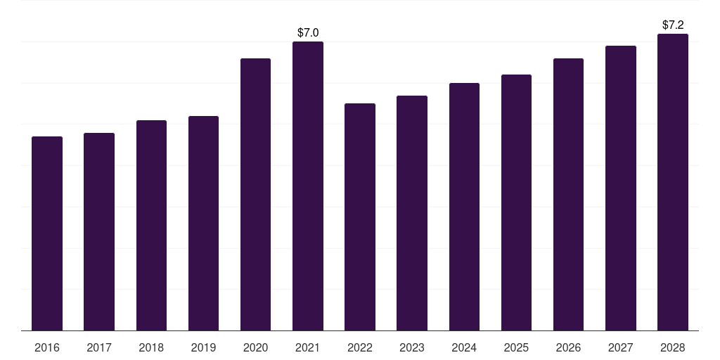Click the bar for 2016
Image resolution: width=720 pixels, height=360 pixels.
click(x=47, y=233)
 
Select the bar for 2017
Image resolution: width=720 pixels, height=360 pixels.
click(x=99, y=231)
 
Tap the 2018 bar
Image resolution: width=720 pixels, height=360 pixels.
click(x=152, y=226)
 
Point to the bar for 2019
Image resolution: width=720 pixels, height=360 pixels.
click(x=203, y=223)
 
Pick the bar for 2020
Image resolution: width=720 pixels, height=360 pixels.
click(x=255, y=194)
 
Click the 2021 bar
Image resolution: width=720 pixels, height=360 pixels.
click(x=308, y=186)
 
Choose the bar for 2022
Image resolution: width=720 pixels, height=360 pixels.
click(x=360, y=217)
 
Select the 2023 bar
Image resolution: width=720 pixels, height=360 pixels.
click(x=412, y=213)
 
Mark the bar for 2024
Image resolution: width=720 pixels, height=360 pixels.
click(x=464, y=207)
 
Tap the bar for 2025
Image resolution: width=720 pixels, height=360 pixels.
click(x=516, y=202)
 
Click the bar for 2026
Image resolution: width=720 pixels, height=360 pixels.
click(x=568, y=194)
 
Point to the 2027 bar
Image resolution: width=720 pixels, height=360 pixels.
click(x=621, y=188)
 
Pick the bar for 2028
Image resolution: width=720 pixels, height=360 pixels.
click(x=673, y=182)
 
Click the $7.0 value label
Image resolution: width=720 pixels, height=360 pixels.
click(x=308, y=32)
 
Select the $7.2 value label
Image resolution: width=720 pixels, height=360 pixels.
click(x=673, y=25)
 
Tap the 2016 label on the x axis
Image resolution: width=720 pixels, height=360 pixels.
click(x=47, y=347)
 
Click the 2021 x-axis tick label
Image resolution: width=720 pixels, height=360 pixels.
click(x=308, y=347)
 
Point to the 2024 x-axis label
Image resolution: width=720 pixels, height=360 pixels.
click(x=464, y=347)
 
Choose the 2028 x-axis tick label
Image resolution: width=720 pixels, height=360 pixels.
click(x=673, y=347)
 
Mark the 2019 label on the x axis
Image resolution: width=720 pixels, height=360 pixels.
click(x=203, y=347)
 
